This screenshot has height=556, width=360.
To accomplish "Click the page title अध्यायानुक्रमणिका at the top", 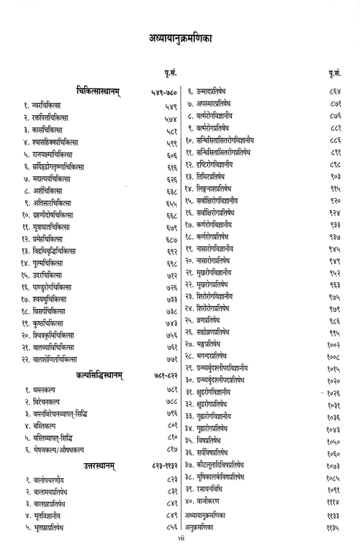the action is tap(179, 36).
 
